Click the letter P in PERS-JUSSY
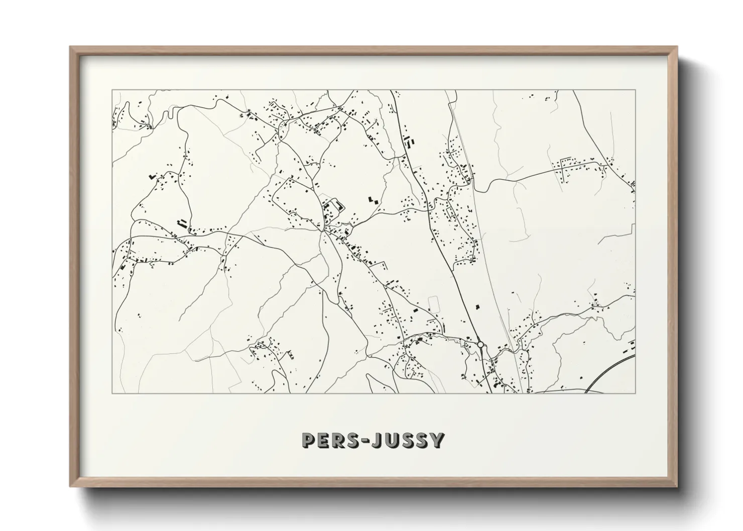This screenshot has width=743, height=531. click(309, 440)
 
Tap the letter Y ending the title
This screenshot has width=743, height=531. click(437, 440)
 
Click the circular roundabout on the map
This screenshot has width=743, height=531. click(480, 345)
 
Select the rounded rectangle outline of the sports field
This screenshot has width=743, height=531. click(433, 305)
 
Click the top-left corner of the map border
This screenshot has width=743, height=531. click(112, 90)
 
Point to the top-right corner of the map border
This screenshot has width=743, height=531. click(636, 90)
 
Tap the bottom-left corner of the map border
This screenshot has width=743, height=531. click(112, 393)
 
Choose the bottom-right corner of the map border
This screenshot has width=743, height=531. click(636, 393)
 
